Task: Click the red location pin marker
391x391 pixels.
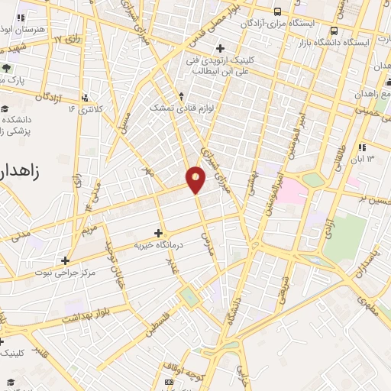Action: pyautogui.click(x=196, y=179)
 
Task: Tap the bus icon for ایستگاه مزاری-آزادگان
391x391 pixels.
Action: pyautogui.click(x=277, y=11)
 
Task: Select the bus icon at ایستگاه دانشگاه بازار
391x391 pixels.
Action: pyautogui.click(x=335, y=31)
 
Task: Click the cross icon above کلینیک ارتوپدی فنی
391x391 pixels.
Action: pyautogui.click(x=220, y=49)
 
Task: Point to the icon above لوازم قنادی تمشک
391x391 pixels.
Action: pyautogui.click(x=181, y=96)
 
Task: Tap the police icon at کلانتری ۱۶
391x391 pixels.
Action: pyautogui.click(x=85, y=98)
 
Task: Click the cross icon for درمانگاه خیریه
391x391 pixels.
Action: pyautogui.click(x=159, y=232)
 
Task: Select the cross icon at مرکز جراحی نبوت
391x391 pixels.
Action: pyautogui.click(x=65, y=260)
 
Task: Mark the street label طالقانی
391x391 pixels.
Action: pyautogui.click(x=338, y=157)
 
